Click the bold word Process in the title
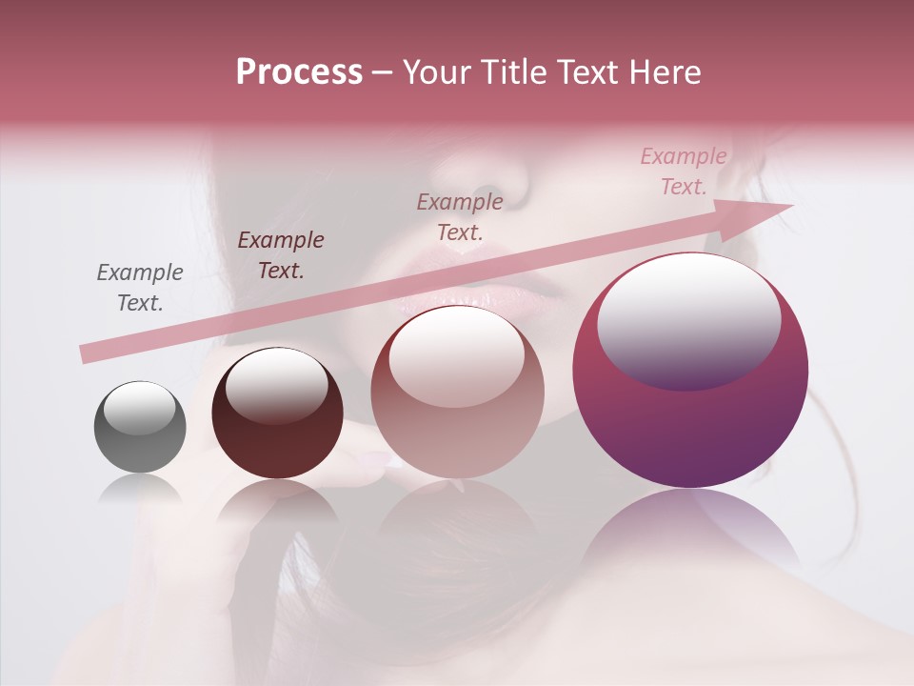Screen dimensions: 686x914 pyautogui.click(x=299, y=72)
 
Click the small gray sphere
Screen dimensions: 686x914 pyautogui.click(x=140, y=428)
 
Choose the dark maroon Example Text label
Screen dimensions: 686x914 pyautogui.click(x=280, y=255)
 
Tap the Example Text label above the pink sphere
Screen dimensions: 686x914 pyautogui.click(x=460, y=216)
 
